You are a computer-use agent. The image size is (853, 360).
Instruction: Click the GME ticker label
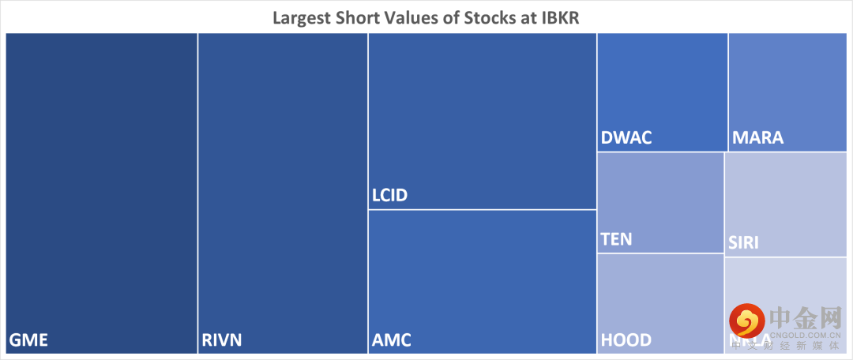tap(28, 341)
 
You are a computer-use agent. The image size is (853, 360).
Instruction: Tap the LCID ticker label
tap(389, 195)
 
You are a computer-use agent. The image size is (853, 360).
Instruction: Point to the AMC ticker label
tap(391, 341)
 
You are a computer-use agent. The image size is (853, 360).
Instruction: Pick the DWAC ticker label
tap(626, 138)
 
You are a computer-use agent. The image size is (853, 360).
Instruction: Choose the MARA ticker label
tap(757, 138)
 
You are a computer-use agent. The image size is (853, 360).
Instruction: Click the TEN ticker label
tap(616, 238)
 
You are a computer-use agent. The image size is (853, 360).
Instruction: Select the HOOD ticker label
tap(626, 340)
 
